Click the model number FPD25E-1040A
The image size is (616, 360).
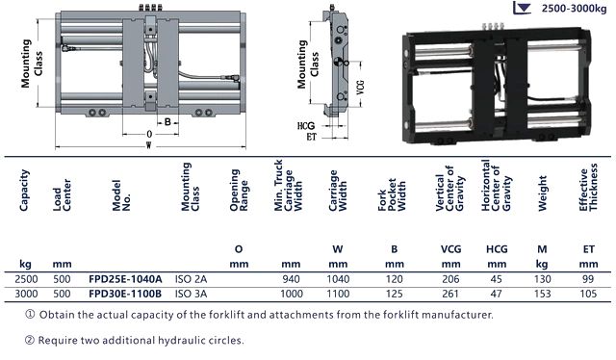tap(125, 279)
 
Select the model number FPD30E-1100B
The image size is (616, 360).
tap(125, 294)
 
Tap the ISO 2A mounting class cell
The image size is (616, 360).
tap(191, 279)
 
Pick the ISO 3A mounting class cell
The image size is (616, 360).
tap(191, 294)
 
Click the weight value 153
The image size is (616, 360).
tap(542, 294)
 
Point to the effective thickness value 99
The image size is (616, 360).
tap(588, 279)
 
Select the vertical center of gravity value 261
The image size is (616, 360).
tap(450, 294)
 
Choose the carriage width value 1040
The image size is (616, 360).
tap(338, 279)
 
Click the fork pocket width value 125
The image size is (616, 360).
tap(394, 294)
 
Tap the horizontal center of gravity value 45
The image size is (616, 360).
tap(497, 279)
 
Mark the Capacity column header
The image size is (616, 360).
tap(24, 191)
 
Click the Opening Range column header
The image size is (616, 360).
tap(240, 191)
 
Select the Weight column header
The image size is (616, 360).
tap(542, 193)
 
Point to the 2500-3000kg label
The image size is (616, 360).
tap(574, 9)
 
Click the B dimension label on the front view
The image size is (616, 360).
tap(167, 122)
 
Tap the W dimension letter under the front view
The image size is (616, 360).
tap(148, 145)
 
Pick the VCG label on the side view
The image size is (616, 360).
tap(360, 88)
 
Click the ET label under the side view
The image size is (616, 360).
tap(312, 137)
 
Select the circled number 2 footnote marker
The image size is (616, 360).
tap(30, 340)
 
